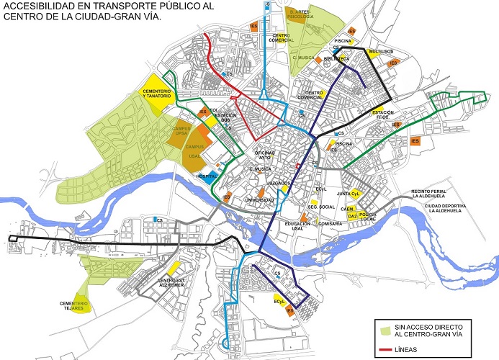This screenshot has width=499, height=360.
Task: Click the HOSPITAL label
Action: coord(207,175)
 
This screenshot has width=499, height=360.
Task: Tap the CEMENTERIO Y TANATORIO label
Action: coord(156,94)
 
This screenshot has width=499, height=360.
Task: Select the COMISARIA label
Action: coord(328,224)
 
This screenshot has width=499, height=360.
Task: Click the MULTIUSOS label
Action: coord(379,52)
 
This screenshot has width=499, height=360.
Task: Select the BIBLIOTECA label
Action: coord(336,58)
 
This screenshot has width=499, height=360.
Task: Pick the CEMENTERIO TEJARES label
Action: coord(74,306)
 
